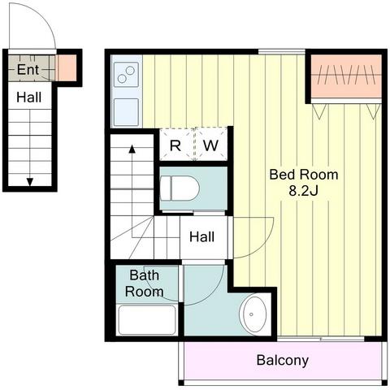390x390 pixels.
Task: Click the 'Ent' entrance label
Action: (28, 70)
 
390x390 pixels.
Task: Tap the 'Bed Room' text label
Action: (304, 175)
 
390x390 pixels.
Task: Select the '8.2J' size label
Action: (303, 191)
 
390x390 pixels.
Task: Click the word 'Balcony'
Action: (283, 361)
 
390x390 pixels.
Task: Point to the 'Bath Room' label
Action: (144, 284)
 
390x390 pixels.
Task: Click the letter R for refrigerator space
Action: (175, 146)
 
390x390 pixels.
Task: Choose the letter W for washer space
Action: (210, 145)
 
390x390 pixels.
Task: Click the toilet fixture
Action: (180, 188)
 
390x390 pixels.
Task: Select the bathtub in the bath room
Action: (147, 320)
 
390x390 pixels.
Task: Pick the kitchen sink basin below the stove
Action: (126, 112)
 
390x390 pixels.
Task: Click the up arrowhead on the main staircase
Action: (132, 149)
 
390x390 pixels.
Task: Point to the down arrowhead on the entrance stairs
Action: (30, 182)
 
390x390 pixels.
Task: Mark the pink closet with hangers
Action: (346, 76)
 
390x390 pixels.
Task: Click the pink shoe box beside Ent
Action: (66, 67)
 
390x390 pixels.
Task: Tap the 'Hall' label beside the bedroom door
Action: (201, 236)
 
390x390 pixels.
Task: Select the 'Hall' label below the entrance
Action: (29, 97)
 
